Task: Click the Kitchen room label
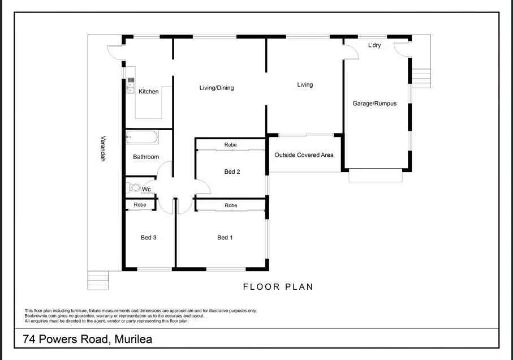tap(149, 92)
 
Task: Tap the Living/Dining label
tap(216, 88)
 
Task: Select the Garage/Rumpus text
tap(374, 104)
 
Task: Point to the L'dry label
tap(374, 45)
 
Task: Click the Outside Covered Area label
tap(304, 155)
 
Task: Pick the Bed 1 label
tap(225, 238)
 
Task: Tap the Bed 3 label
tap(148, 238)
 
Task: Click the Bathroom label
tap(146, 157)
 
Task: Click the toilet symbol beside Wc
tap(133, 188)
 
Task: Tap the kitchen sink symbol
tap(131, 85)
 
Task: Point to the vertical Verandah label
tap(104, 148)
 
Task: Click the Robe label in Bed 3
tap(140, 204)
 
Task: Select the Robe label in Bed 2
tap(230, 145)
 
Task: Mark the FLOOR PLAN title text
tap(278, 287)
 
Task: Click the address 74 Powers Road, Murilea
tap(87, 340)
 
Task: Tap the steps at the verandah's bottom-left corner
tap(97, 280)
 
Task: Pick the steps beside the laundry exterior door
tap(421, 76)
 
